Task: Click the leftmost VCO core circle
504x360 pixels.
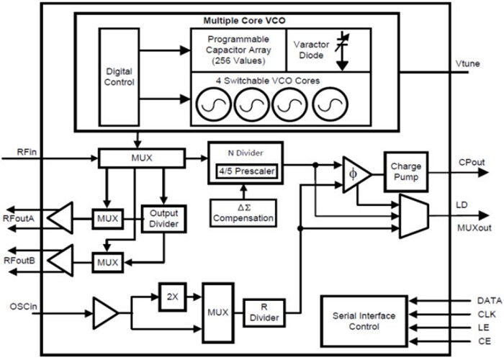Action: click(214, 104)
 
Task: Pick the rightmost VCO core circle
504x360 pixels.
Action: click(330, 104)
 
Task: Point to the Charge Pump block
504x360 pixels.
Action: click(406, 171)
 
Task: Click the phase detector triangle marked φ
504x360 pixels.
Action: click(355, 175)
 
